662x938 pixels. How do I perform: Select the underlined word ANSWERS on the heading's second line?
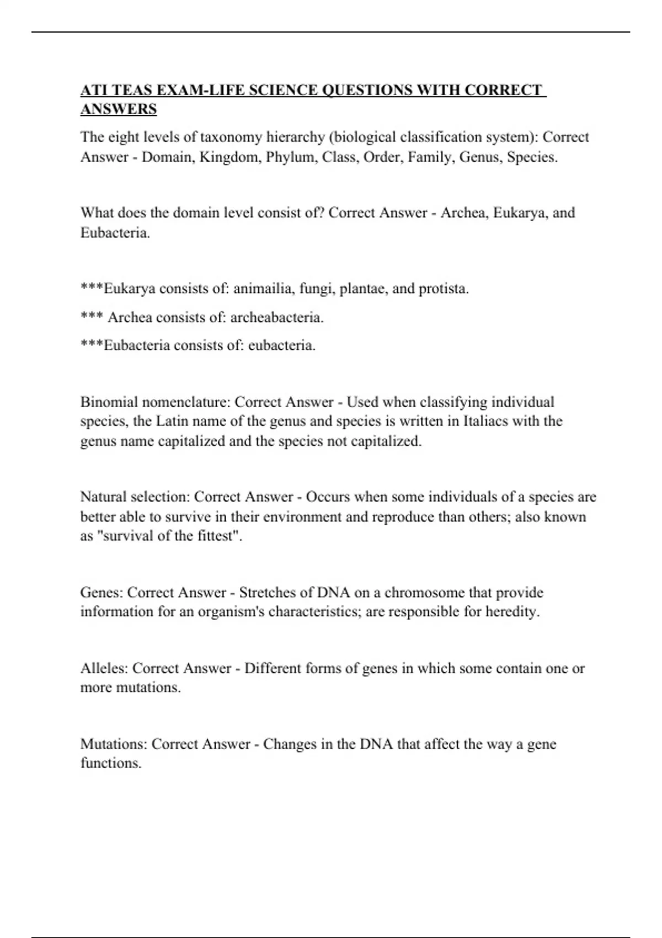119,109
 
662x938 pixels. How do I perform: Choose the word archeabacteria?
276,317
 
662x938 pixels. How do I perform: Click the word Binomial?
108,402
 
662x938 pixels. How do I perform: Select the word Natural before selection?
104,497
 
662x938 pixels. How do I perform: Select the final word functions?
110,764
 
